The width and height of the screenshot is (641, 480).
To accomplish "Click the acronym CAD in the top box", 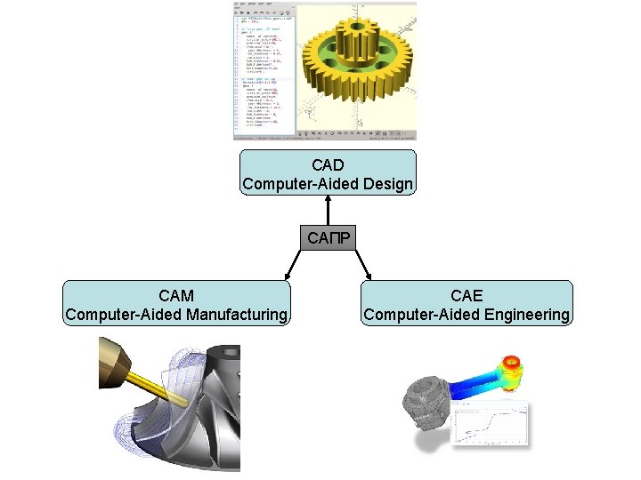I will [x=328, y=165].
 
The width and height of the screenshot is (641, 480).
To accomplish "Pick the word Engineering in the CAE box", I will [x=526, y=315].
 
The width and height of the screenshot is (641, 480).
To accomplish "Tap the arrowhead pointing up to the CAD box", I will [x=328, y=199].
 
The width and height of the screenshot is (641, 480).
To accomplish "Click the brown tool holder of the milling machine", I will [x=114, y=365].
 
